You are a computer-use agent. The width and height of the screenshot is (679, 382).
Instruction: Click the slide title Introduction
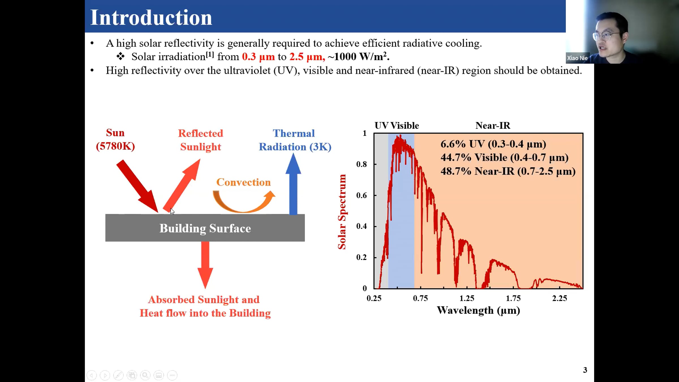pos(151,18)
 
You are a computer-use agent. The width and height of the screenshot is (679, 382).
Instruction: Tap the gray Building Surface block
pos(205,228)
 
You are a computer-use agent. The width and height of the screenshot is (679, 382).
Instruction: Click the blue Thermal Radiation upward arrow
pos(293,184)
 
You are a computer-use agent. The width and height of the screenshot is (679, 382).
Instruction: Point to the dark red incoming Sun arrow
pos(137,186)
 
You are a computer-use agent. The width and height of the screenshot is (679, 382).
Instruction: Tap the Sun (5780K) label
pos(115,140)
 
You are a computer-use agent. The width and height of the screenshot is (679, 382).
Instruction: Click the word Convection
pos(244,182)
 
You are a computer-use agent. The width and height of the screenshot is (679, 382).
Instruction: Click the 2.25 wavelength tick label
pos(560,298)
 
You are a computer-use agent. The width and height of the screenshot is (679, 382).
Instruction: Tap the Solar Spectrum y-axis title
pos(342,212)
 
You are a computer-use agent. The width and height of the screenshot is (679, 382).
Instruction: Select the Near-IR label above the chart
pos(493,125)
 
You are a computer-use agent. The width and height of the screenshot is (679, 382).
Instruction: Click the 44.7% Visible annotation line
pos(504,158)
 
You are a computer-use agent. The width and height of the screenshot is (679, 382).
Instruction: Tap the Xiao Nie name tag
pos(577,58)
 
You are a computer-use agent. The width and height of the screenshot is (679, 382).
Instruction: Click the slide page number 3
pos(585,370)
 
